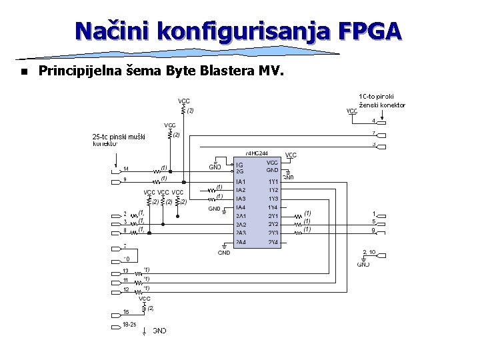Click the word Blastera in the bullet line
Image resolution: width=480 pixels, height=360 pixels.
click(x=217, y=70)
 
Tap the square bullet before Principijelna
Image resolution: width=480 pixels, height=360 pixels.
click(x=23, y=71)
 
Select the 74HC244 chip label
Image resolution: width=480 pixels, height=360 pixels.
click(x=257, y=153)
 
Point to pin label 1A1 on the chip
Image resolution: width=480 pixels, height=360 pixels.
click(x=241, y=181)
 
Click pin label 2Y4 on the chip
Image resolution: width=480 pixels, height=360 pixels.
click(x=273, y=241)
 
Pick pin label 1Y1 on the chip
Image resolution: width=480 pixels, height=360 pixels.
click(x=273, y=181)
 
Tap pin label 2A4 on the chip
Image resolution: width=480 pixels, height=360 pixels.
click(x=241, y=241)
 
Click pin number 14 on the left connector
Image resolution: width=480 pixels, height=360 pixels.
click(x=125, y=169)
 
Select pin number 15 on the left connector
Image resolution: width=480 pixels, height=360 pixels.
click(x=125, y=312)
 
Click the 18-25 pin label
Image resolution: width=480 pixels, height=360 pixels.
click(x=129, y=324)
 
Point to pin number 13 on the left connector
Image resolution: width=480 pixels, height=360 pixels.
click(x=125, y=271)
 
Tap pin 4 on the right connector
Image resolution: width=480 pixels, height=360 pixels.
click(x=373, y=121)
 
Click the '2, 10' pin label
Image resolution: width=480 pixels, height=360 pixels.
click(x=369, y=252)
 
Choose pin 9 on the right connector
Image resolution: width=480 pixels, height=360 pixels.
click(x=374, y=231)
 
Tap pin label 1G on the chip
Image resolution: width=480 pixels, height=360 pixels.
click(x=239, y=165)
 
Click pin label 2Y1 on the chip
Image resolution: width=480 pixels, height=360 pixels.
click(x=273, y=216)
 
